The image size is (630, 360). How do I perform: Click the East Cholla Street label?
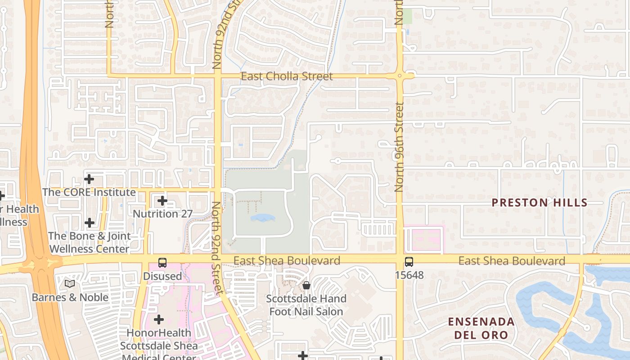(287, 76)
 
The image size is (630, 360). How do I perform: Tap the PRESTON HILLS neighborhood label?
(540, 202)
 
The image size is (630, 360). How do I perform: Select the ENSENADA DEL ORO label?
(481, 328)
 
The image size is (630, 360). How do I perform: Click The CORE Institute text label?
(89, 192)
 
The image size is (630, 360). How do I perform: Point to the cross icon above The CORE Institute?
(89, 179)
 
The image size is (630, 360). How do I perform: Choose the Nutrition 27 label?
(162, 214)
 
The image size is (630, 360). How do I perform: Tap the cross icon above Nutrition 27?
(162, 201)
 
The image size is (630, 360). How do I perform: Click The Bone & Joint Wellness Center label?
(89, 242)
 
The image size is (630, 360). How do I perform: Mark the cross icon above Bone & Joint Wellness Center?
(90, 222)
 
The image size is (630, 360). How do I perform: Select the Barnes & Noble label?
(70, 297)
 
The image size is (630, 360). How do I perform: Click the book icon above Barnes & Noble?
(69, 284)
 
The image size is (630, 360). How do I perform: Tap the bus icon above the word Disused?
(162, 263)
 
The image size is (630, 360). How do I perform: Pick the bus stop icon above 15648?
(409, 261)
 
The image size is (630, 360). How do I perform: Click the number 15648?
(409, 275)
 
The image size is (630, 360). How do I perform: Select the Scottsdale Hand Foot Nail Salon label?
(306, 305)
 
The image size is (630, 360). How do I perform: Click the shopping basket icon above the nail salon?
(306, 285)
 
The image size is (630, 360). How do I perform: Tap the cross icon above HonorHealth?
(158, 319)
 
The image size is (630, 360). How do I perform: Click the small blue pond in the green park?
(262, 218)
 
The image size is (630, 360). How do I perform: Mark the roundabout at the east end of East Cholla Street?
(400, 76)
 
